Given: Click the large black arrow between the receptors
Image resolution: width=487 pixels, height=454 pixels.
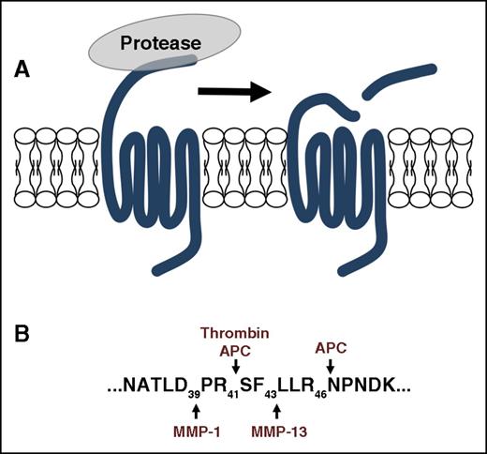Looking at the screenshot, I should point(233,91).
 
